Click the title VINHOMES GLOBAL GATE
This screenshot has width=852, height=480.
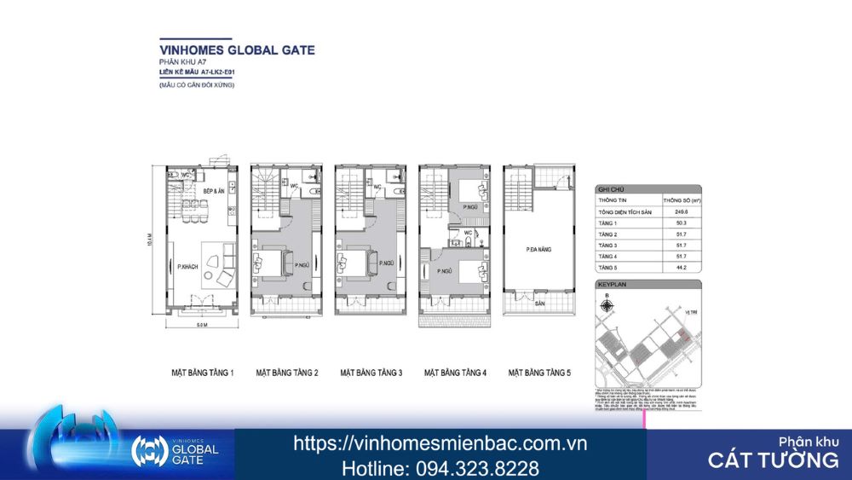click(x=237, y=49)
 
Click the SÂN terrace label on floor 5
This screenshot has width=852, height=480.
click(x=539, y=303)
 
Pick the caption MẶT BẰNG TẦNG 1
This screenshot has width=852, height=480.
click(x=202, y=373)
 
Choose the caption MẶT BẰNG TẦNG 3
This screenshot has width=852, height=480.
click(x=371, y=373)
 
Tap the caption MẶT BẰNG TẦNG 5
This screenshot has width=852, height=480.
click(x=539, y=373)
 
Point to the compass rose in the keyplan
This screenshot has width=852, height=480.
click(x=607, y=304)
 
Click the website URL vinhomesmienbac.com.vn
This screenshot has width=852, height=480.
click(x=440, y=443)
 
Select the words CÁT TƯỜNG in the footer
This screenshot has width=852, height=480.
click(x=773, y=460)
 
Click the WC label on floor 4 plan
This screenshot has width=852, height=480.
click(x=468, y=232)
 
